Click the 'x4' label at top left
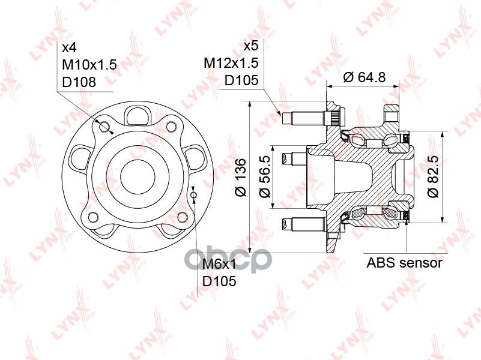click(69, 47)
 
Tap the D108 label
click(78, 82)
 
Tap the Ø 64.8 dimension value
click(364, 76)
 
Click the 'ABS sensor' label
click(404, 263)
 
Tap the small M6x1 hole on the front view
click(193, 195)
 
